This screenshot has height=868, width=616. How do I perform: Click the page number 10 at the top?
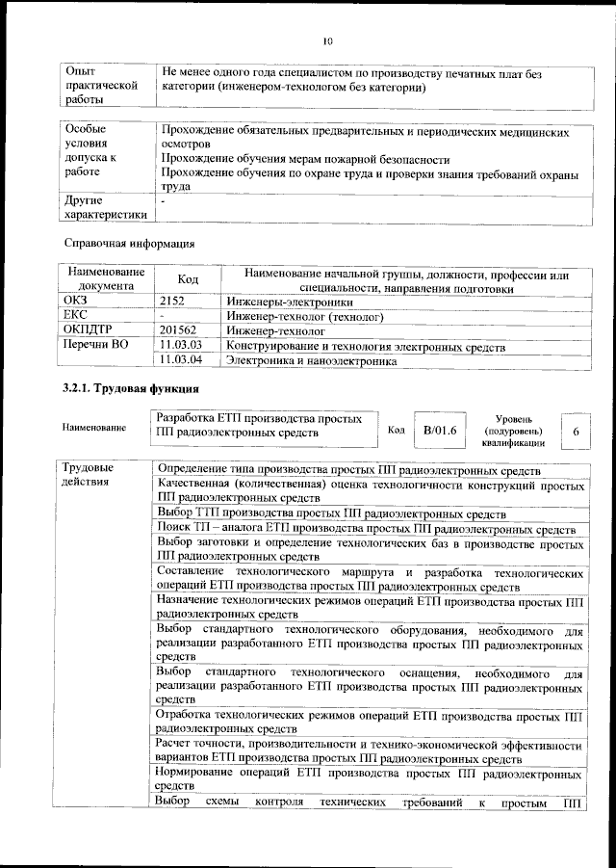(x=326, y=41)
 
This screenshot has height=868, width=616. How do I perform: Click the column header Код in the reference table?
(x=188, y=280)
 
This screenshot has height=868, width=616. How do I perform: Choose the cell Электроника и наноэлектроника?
(x=310, y=360)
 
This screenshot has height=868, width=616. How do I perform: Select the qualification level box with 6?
(x=575, y=433)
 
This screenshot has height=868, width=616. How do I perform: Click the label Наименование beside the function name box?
(x=93, y=428)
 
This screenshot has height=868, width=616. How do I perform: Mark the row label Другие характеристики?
(x=105, y=208)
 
